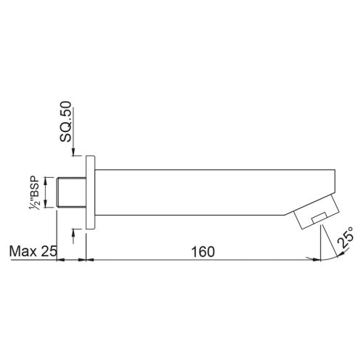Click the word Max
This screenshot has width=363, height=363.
point(23,252)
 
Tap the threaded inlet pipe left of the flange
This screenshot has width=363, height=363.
point(71,192)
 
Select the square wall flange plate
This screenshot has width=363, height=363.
point(90,192)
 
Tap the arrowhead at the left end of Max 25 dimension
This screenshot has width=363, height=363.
point(60,259)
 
